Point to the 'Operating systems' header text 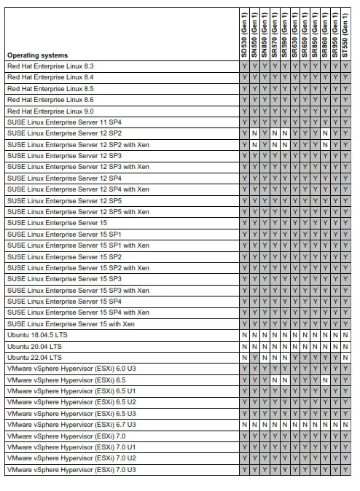click(x=37, y=55)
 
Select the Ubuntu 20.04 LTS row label click(x=34, y=346)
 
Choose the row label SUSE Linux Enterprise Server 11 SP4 click(x=64, y=122)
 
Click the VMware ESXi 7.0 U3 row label click(x=71, y=469)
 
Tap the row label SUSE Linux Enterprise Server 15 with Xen click(x=71, y=323)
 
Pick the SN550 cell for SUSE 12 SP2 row click(x=255, y=133)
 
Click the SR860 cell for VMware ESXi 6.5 click(x=325, y=380)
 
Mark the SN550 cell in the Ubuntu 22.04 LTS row click(x=255, y=357)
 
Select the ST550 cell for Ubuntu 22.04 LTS click(x=345, y=357)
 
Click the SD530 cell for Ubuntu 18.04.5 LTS click(x=245, y=335)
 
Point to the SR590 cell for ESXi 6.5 click(x=285, y=380)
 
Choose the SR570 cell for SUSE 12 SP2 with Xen click(x=275, y=144)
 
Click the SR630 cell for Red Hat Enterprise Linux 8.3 click(x=295, y=66)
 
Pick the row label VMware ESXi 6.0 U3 click(x=71, y=369)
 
